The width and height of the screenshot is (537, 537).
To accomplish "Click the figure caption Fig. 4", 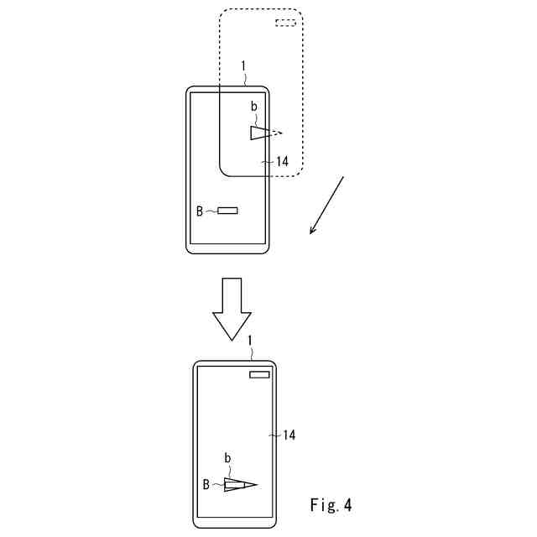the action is (x=331, y=505).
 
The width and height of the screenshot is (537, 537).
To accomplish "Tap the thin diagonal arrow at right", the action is (x=327, y=205).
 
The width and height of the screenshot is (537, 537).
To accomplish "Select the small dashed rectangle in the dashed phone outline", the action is (x=285, y=23).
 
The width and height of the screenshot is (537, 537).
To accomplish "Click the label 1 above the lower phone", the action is (x=249, y=339).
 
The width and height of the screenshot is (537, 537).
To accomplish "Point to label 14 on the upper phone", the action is (x=281, y=161).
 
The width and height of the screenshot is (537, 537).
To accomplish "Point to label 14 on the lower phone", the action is (x=288, y=435).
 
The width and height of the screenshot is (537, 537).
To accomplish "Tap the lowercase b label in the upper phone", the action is (x=253, y=107).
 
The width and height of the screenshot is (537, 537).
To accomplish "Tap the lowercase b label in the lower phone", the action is (x=227, y=458).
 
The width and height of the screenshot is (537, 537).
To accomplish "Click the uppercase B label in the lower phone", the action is (x=206, y=484).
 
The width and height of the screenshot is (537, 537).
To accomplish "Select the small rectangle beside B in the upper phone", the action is (x=227, y=210).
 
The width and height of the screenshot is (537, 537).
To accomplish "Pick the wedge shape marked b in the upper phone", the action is (x=259, y=133).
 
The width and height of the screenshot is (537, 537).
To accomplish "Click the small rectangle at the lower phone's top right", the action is (x=259, y=375).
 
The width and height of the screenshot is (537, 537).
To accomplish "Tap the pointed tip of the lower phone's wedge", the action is (x=255, y=484).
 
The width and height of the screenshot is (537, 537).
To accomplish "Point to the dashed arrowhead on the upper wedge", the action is (x=279, y=132).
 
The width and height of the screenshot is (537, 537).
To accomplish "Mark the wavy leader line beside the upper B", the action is (x=211, y=211).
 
